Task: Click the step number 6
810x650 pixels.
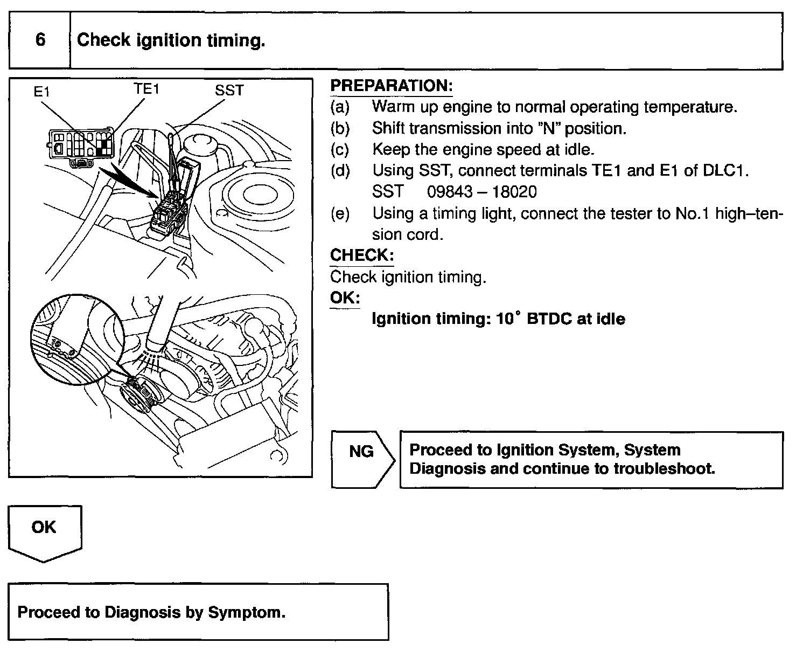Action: (40, 40)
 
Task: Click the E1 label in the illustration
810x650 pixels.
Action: (41, 92)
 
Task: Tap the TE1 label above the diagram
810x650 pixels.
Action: (146, 88)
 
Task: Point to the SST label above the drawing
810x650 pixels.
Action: (229, 90)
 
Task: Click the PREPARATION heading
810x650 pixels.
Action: (391, 86)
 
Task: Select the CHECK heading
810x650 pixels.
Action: (361, 255)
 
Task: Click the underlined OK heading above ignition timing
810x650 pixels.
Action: (345, 298)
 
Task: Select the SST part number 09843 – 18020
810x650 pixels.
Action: (481, 192)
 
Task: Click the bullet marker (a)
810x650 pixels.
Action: (340, 107)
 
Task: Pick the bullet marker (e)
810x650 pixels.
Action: (340, 213)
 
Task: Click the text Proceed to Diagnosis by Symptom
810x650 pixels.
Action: (151, 612)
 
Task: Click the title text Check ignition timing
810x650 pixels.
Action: (171, 40)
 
